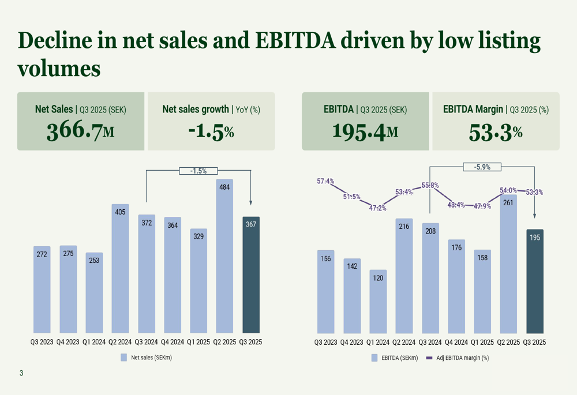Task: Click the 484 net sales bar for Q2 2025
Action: [224, 257]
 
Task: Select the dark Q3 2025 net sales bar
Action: [251, 275]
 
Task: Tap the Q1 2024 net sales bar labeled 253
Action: [94, 293]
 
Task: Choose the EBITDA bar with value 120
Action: [378, 302]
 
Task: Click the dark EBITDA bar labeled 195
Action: [535, 281]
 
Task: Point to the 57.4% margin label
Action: [325, 181]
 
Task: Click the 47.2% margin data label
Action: [378, 208]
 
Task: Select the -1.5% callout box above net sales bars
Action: [198, 171]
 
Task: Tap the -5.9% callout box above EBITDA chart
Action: [482, 167]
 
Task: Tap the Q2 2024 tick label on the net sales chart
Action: [121, 342]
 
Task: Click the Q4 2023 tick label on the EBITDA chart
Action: [352, 342]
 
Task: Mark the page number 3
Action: [21, 373]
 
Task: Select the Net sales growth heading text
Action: [195, 109]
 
